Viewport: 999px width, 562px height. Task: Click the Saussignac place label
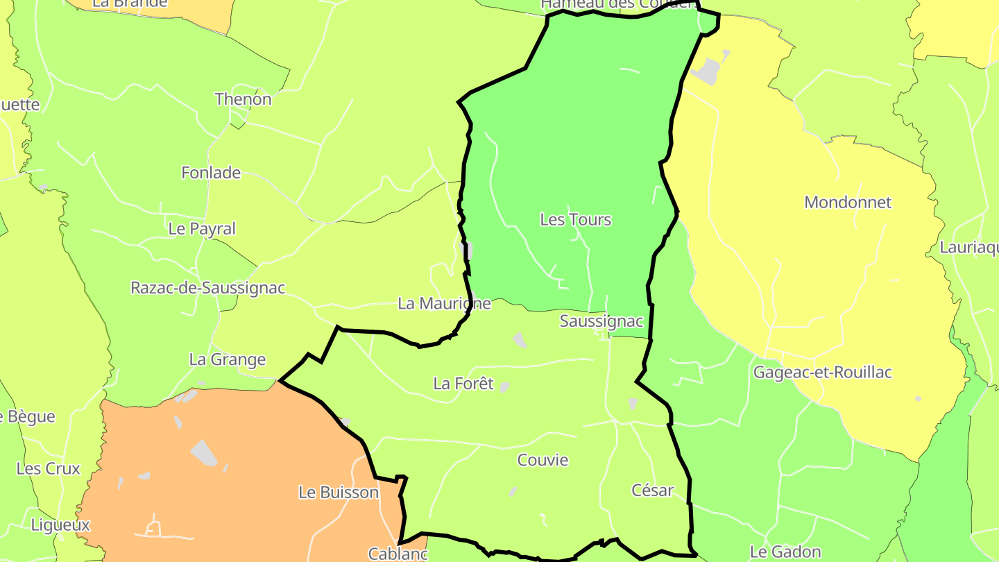pos(601,321)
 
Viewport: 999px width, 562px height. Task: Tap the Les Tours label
pos(575,220)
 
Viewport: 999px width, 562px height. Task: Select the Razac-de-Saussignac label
pos(208,288)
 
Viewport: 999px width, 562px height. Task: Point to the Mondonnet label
pos(848,203)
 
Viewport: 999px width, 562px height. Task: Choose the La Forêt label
pos(463,384)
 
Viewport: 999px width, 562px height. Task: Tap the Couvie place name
pos(543,460)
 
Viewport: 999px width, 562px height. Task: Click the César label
pos(652,491)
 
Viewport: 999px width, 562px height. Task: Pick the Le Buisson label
pos(339,493)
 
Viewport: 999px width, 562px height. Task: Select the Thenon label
pos(243,99)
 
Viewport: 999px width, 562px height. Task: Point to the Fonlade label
pos(211,173)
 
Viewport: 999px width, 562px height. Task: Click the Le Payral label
pos(202,229)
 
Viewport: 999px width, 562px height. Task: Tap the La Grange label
pos(228,359)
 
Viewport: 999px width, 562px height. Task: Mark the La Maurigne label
pos(445,303)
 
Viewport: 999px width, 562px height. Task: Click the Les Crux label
pos(49,468)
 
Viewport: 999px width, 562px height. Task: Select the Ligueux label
pos(60,525)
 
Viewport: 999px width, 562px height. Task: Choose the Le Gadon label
pos(785,552)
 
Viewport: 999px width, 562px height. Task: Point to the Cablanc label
pos(398,554)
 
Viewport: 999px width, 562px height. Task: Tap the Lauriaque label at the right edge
pos(969,248)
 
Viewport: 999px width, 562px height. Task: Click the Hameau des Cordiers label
pos(618,4)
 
